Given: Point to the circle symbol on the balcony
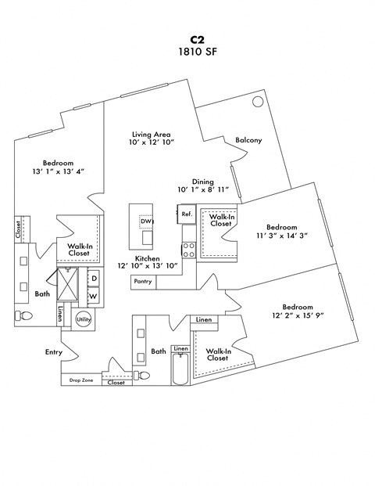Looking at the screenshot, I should (x=257, y=102).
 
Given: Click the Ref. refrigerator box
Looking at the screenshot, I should (x=187, y=214).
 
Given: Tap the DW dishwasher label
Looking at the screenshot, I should (x=145, y=221).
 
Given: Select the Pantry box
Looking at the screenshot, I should (x=142, y=281).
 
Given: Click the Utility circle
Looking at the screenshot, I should (x=84, y=319).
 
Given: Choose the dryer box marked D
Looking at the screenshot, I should (x=93, y=279).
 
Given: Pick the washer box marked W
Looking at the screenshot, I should (x=93, y=297).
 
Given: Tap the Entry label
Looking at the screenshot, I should (x=53, y=352).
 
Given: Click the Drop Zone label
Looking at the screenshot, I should (x=80, y=380).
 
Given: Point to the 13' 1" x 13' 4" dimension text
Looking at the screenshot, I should (x=58, y=171).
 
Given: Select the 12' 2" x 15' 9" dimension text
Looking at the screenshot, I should (x=298, y=315).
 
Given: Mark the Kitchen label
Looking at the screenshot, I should (x=148, y=258).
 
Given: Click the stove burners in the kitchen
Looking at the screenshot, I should (x=188, y=249).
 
